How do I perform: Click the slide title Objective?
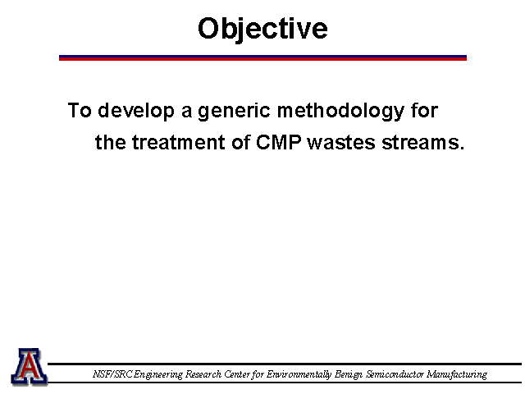[262, 30]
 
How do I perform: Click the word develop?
[136, 111]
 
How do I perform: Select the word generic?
[234, 111]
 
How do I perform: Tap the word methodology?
[341, 111]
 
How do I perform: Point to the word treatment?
[178, 142]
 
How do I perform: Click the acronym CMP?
[278, 142]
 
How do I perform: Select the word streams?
[423, 143]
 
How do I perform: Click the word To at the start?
[80, 110]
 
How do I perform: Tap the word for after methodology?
[425, 110]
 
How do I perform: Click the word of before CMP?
[240, 142]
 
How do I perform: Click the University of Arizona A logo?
[30, 367]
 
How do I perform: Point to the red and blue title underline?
[262, 58]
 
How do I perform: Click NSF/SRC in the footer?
[112, 374]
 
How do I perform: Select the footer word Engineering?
[158, 374]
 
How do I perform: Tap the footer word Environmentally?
[299, 374]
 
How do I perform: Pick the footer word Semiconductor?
[395, 374]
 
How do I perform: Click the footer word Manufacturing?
[457, 374]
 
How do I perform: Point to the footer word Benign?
[348, 374]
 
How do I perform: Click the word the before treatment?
[111, 142]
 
